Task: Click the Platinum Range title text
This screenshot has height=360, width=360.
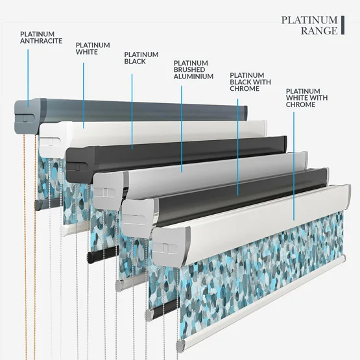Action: (309, 25)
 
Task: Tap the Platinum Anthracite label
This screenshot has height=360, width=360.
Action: (41, 38)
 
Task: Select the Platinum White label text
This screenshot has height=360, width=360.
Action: (93, 49)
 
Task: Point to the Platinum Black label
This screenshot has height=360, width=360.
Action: (141, 58)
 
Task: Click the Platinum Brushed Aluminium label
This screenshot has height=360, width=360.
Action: (193, 70)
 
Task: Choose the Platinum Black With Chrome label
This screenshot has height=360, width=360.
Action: (250, 82)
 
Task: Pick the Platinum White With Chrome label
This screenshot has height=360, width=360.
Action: (307, 98)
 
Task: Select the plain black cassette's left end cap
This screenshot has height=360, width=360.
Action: (79, 164)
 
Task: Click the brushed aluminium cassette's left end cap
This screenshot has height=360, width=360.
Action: (110, 190)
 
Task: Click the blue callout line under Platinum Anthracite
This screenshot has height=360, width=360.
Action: (28, 78)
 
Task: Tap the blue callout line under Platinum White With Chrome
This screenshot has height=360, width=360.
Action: (294, 166)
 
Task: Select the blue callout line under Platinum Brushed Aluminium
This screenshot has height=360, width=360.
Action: (182, 129)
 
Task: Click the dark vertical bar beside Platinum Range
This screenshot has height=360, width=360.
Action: (342, 25)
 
